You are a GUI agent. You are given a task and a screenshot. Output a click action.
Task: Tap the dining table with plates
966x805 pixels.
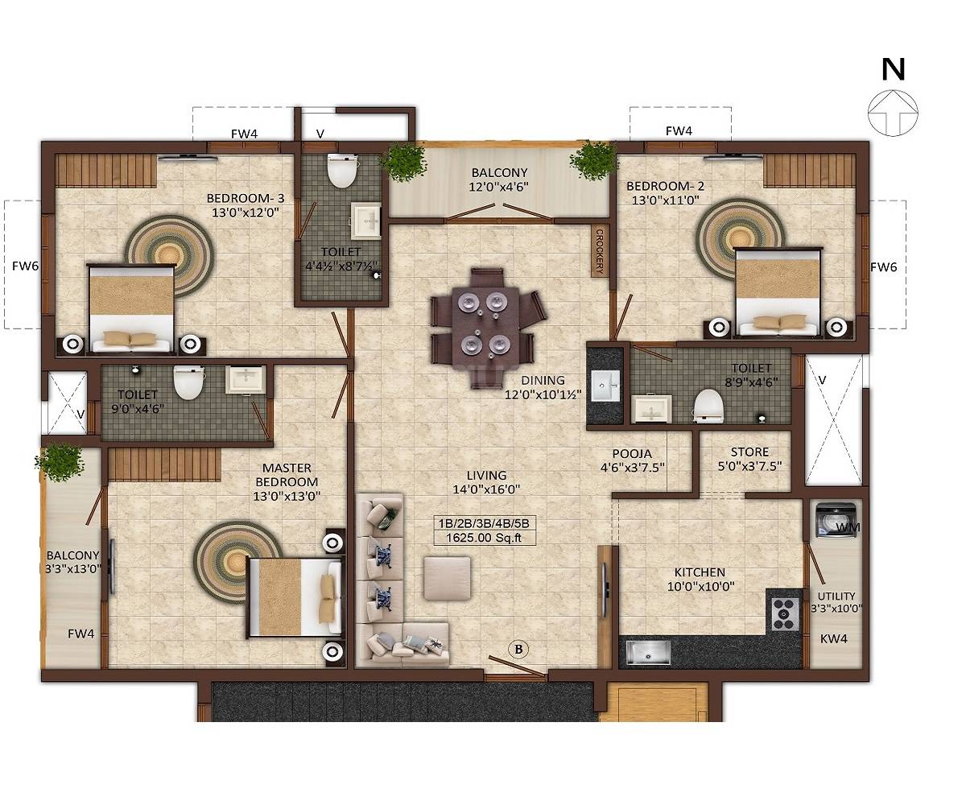tap(481, 323)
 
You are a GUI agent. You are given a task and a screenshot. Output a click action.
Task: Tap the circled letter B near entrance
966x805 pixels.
tap(518, 649)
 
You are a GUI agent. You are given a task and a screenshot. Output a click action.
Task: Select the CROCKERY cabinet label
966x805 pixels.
tap(599, 251)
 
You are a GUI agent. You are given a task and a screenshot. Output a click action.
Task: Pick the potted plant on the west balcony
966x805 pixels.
tap(59, 462)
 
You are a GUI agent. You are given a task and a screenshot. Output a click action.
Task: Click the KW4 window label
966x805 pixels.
tap(833, 638)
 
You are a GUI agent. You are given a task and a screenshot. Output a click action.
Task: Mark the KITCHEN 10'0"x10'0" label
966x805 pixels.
tap(699, 579)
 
